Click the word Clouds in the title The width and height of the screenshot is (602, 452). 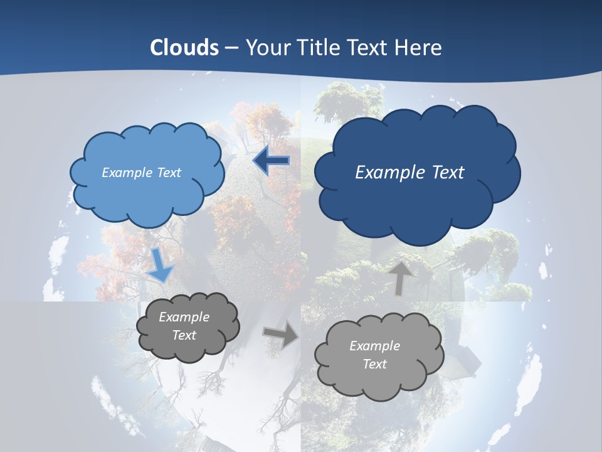pos(184,48)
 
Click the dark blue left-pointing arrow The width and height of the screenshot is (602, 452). pos(271,161)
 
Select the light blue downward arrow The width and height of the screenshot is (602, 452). pos(160,264)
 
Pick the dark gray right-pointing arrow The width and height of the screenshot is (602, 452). pos(281,335)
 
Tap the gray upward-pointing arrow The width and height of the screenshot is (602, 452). pos(400,277)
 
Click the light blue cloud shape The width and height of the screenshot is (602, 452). pos(148,174)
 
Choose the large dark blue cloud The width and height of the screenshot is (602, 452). pos(417,171)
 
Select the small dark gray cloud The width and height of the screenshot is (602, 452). pos(187,326)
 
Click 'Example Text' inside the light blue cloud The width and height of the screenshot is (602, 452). pos(141,173)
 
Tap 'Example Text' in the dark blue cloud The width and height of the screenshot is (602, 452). pos(409,173)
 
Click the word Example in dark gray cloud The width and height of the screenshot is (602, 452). pos(184,317)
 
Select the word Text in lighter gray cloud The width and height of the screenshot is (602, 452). pos(374,364)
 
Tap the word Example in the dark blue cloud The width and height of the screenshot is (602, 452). pos(385,173)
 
